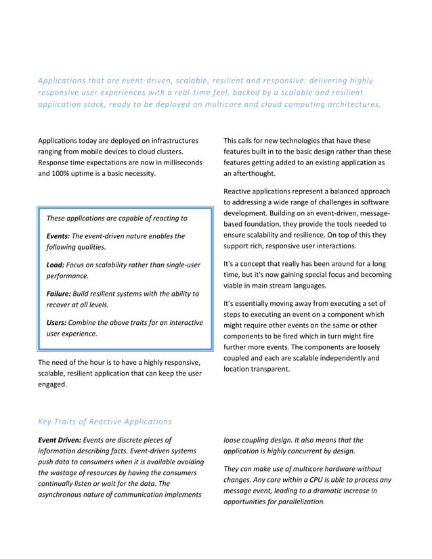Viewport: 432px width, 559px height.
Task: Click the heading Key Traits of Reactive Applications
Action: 104,422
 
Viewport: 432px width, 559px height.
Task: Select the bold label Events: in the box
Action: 58,236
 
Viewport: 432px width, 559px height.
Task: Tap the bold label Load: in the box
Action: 55,265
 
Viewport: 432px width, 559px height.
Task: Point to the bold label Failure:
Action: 60,294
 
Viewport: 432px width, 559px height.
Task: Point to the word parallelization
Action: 299,501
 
